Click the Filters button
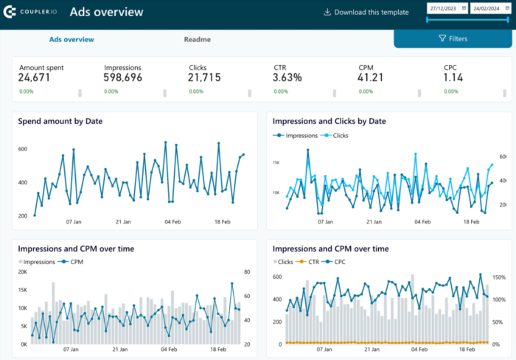453,38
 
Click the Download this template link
366,12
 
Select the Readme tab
198,39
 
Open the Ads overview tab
72,39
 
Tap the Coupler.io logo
30,12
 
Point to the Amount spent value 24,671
35,77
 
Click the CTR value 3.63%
287,77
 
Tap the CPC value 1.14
453,77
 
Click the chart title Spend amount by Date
60,120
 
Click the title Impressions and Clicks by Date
329,121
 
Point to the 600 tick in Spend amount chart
22,150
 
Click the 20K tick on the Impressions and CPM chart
22,272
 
